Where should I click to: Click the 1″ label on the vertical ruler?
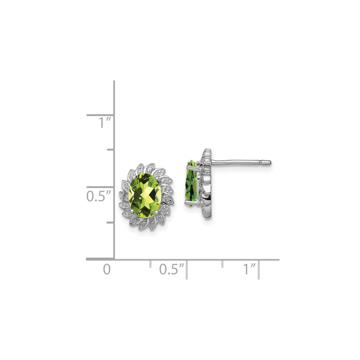(105, 123)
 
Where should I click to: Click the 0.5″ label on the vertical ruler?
(99, 196)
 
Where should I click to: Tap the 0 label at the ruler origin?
(107, 269)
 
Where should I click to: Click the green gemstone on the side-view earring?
(191, 183)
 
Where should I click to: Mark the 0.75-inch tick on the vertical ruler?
(110, 150)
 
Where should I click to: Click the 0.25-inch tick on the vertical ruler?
(110, 222)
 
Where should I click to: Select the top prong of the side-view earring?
(189, 162)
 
